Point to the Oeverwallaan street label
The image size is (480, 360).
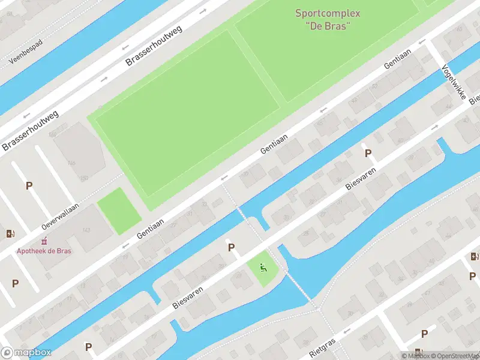pyautogui.click(x=60, y=215)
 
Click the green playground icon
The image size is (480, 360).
pyautogui.click(x=263, y=267)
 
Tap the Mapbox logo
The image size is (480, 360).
pyautogui.click(x=26, y=353)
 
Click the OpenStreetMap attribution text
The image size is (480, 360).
pyautogui.click(x=452, y=356)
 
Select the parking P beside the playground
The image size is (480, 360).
pyautogui.click(x=230, y=247)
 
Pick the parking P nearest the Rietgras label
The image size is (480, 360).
pyautogui.click(x=424, y=334)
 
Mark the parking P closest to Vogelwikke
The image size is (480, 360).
pyautogui.click(x=368, y=154)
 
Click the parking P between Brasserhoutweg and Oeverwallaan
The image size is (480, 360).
pyautogui.click(x=29, y=186)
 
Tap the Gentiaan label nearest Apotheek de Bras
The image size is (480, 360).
pyautogui.click(x=149, y=227)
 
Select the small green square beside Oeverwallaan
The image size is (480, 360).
pyautogui.click(x=119, y=211)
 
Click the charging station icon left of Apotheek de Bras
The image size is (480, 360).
pyautogui.click(x=10, y=233)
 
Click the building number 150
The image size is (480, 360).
pyautogui.click(x=84, y=178)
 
